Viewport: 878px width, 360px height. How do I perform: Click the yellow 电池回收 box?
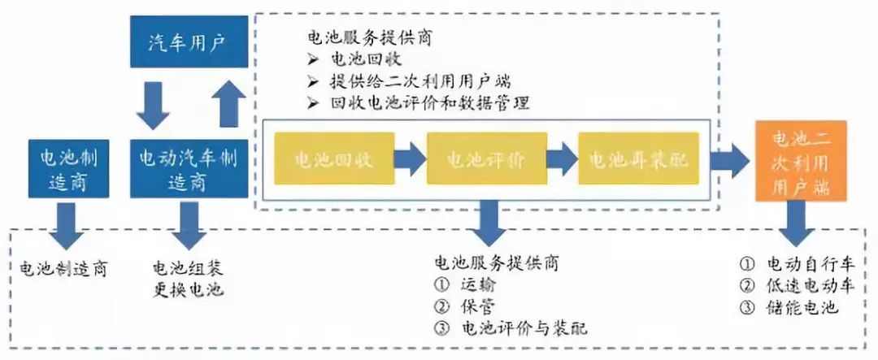pyautogui.click(x=333, y=159)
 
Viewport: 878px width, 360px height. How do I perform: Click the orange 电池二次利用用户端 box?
pyautogui.click(x=800, y=161)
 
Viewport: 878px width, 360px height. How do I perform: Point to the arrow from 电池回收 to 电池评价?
pyautogui.click(x=410, y=159)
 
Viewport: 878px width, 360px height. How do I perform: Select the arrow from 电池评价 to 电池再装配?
pyautogui.click(x=562, y=159)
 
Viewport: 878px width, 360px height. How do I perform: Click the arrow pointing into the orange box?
pyautogui.click(x=729, y=160)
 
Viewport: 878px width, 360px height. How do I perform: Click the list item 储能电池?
pyautogui.click(x=802, y=307)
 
